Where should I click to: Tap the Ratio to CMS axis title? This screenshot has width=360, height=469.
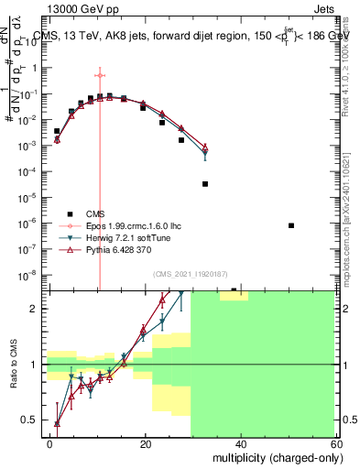(13, 364)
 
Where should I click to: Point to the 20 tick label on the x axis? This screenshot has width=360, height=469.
(146, 442)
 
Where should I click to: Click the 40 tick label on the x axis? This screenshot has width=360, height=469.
(240, 442)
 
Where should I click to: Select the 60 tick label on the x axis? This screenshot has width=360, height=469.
(334, 442)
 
